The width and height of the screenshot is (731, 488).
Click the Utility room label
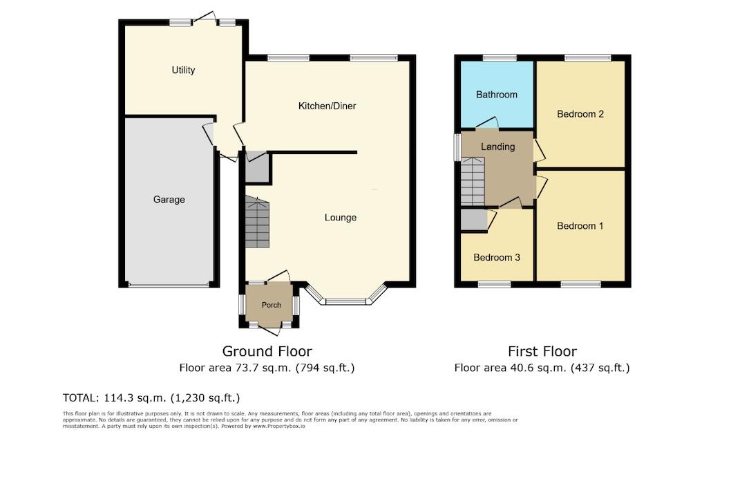183,70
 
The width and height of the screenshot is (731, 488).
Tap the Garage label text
169,200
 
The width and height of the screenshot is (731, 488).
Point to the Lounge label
341,218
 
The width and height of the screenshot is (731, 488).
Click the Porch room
271,305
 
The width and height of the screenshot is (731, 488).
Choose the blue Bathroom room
496,95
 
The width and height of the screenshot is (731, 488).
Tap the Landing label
497,147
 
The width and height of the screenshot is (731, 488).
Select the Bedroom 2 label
580,114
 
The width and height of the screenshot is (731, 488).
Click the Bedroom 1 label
580,226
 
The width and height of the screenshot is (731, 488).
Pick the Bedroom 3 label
496,257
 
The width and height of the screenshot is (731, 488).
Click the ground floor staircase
257,223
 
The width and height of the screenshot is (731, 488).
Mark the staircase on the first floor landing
473,182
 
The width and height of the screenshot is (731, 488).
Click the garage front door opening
169,285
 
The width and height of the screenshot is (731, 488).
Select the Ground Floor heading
267,351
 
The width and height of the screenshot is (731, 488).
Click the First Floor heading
542,351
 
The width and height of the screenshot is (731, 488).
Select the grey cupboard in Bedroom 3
473,220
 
